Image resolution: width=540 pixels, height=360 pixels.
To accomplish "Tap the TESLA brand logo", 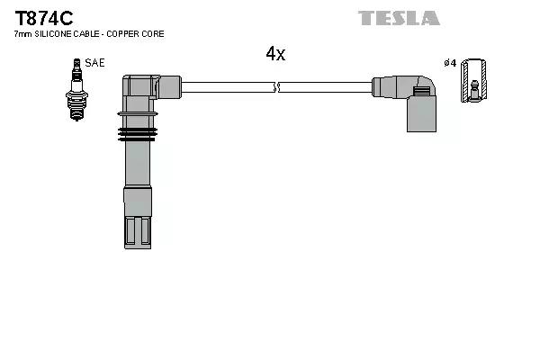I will (x=399, y=18).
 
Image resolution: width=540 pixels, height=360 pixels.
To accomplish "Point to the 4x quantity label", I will (x=275, y=54).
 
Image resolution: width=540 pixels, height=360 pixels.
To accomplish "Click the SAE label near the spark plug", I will (x=94, y=63).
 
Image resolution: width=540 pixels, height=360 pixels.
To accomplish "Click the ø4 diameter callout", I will (x=450, y=63).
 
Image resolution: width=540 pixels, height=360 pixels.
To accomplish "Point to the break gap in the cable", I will (x=276, y=87).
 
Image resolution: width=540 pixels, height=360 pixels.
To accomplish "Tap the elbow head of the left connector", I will (x=144, y=88).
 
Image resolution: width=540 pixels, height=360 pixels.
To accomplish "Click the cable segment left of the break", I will (x=225, y=87).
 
